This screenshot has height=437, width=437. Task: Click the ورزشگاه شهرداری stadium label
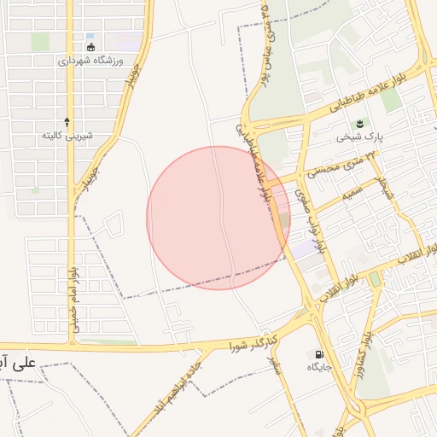91,61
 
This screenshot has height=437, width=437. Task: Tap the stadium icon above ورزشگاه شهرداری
91,47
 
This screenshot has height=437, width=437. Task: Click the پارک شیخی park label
360,137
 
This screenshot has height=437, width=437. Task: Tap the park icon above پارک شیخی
359,123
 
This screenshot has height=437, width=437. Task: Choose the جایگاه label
319,367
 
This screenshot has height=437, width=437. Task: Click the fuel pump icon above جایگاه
319,353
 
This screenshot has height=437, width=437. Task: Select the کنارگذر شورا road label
255,345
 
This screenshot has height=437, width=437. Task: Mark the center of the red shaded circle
218,218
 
